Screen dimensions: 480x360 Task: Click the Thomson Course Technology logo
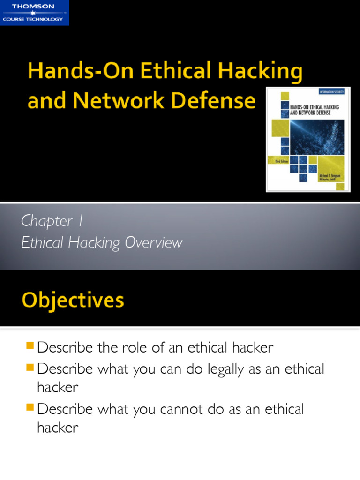pyautogui.click(x=34, y=12)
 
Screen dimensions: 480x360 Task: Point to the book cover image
pyautogui.click(x=308, y=139)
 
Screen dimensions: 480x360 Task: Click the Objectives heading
pyautogui.click(x=73, y=300)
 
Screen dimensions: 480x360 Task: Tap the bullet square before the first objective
pyautogui.click(x=30, y=346)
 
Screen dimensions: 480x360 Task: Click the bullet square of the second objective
pyautogui.click(x=30, y=367)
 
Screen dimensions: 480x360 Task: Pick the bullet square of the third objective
pyautogui.click(x=30, y=408)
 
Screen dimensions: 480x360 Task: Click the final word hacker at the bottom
pyautogui.click(x=58, y=427)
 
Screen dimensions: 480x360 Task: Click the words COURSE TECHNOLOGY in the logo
pyautogui.click(x=33, y=19)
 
